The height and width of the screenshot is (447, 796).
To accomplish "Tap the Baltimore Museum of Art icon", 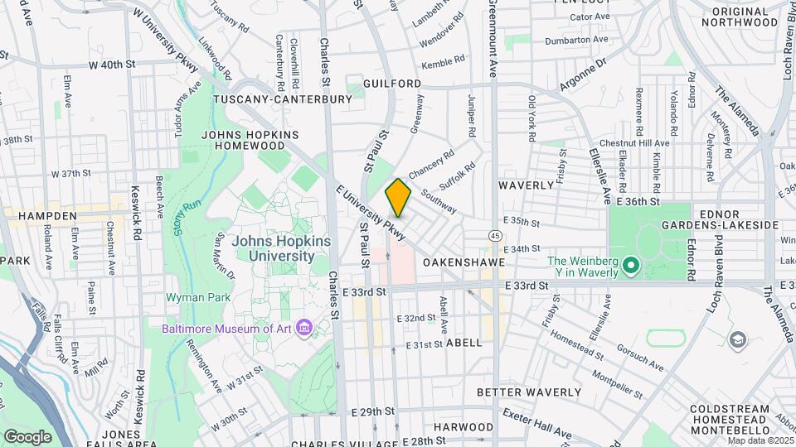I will (x=304, y=329).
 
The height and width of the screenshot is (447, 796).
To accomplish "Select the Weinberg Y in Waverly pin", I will (x=630, y=267).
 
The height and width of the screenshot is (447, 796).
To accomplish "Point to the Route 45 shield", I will (x=494, y=236).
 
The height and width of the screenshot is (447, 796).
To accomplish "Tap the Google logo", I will (x=27, y=436).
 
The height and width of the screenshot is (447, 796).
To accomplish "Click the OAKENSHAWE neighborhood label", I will (x=464, y=262).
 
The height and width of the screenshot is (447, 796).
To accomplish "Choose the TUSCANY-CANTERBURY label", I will (x=283, y=99).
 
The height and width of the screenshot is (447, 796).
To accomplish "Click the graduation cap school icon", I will (x=736, y=339).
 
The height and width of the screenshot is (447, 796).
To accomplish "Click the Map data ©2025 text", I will (x=760, y=440).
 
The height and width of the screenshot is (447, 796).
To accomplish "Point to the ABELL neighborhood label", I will (x=463, y=342).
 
